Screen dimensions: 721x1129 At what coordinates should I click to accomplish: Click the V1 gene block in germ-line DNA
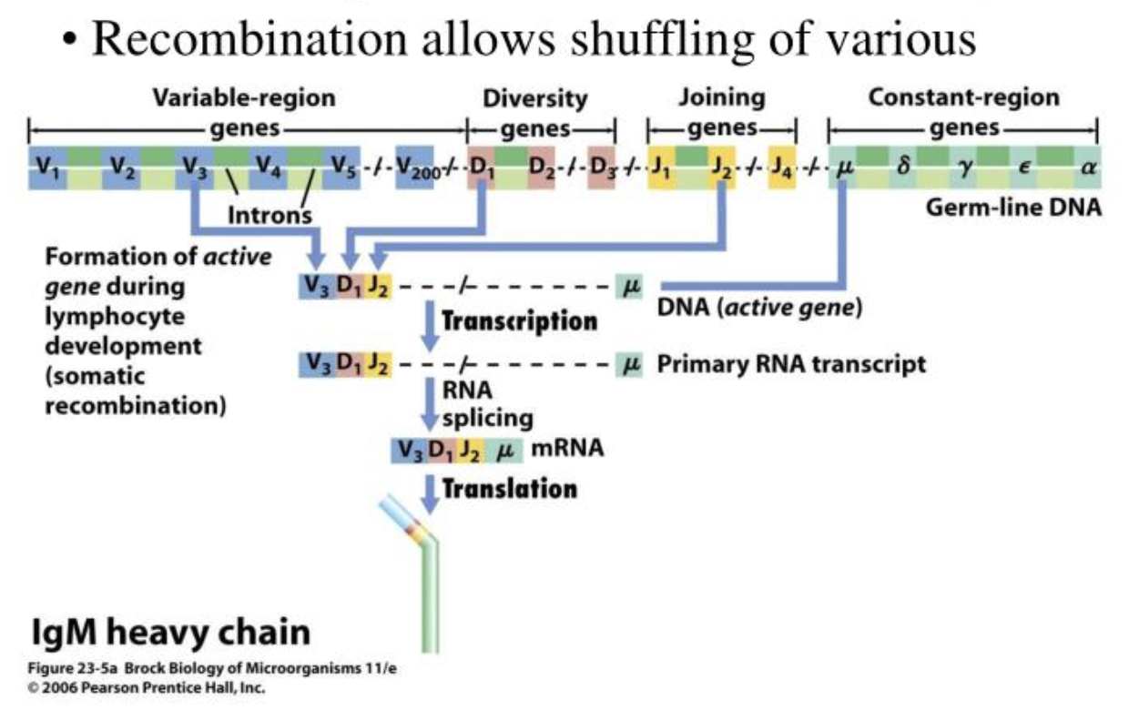(46, 168)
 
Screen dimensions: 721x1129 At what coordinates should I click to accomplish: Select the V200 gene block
(414, 168)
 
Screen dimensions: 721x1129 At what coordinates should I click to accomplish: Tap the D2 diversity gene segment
(543, 168)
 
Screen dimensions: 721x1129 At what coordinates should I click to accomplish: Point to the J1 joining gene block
(661, 168)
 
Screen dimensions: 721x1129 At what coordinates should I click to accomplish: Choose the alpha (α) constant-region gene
(1086, 168)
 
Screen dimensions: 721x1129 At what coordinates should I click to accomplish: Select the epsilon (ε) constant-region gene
(1024, 168)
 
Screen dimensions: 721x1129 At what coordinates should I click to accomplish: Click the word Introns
(269, 216)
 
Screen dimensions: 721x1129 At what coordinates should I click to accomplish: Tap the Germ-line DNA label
(1012, 208)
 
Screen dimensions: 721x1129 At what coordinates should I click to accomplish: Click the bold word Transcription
(519, 321)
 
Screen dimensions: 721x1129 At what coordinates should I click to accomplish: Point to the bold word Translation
(509, 489)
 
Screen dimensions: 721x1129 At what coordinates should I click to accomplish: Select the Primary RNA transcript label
(790, 365)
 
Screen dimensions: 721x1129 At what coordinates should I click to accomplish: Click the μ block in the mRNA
(505, 449)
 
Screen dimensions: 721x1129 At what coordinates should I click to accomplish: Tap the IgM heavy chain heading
(169, 631)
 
